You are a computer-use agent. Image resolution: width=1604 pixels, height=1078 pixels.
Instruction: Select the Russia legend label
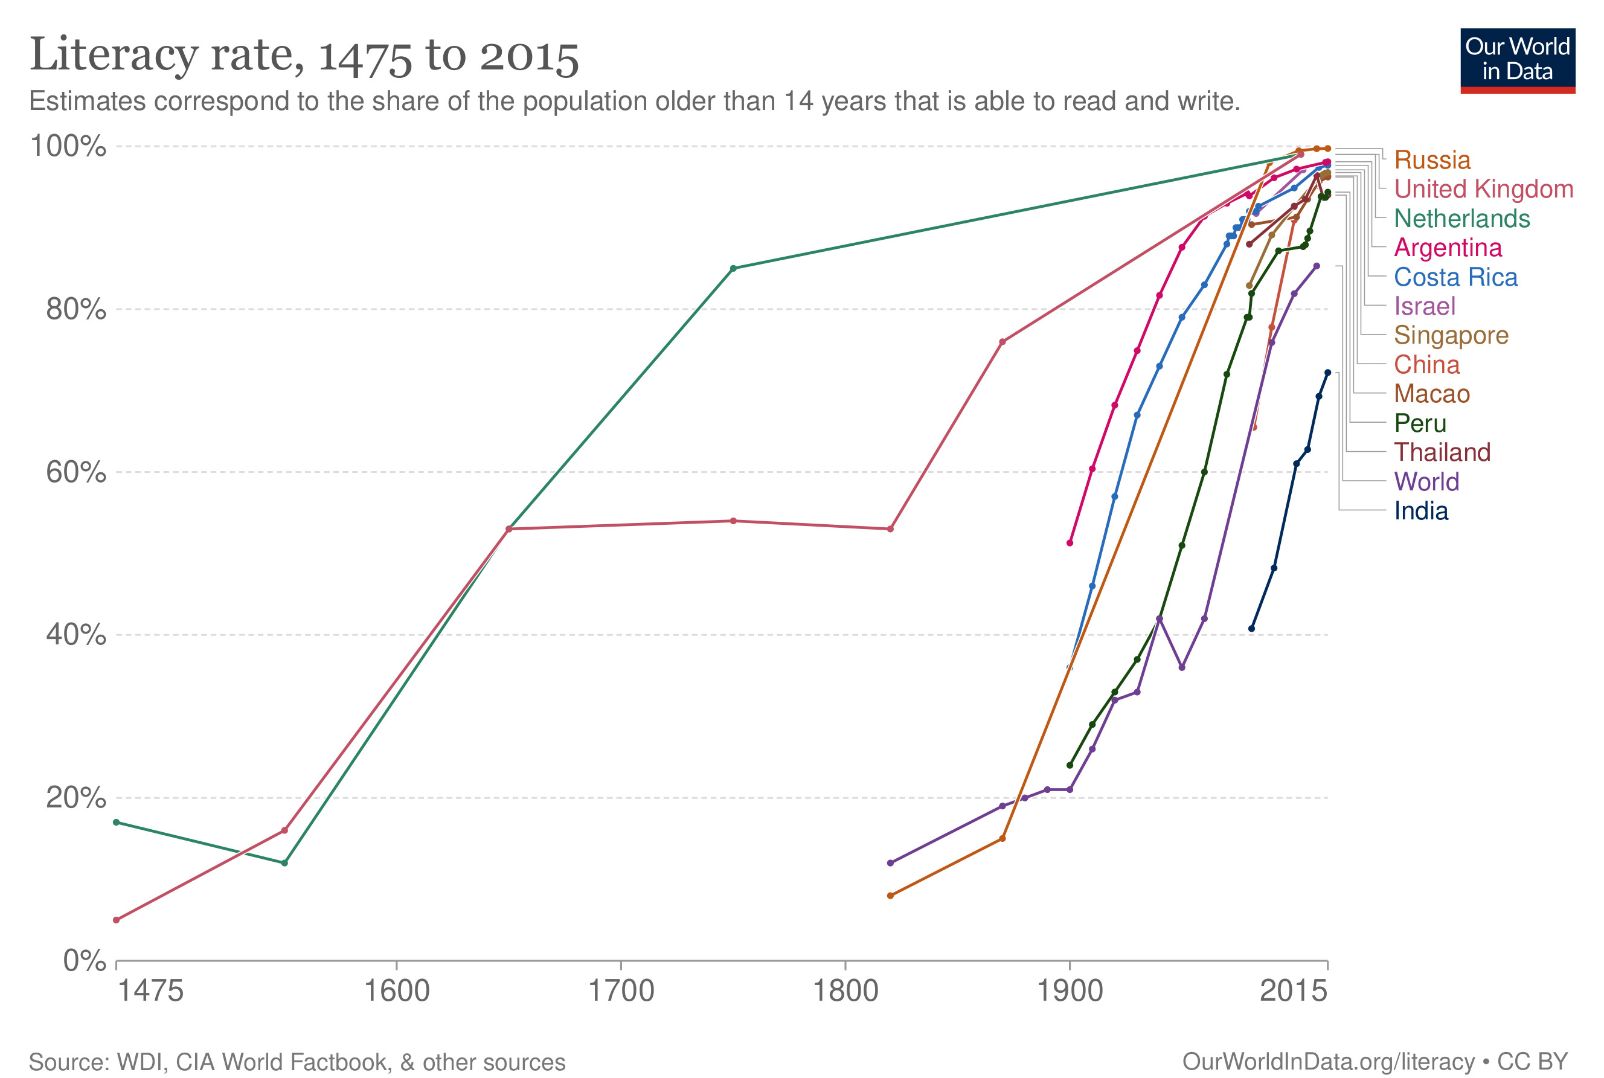(x=1431, y=160)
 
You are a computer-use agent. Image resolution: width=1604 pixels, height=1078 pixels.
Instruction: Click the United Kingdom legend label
(x=1483, y=189)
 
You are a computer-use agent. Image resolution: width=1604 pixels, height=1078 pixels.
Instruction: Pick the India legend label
(x=1420, y=512)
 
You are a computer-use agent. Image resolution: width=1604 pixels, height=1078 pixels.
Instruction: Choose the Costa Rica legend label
(x=1455, y=277)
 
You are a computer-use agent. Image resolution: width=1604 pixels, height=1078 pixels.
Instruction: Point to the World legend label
(x=1426, y=482)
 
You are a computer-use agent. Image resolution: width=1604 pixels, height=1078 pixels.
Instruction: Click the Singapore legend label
(x=1451, y=336)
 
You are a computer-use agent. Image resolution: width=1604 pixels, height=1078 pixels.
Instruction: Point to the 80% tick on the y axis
(x=75, y=309)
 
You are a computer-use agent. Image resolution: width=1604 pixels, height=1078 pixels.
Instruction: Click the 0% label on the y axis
(x=84, y=960)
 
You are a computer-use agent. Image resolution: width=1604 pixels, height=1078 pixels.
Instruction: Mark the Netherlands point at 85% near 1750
(x=733, y=269)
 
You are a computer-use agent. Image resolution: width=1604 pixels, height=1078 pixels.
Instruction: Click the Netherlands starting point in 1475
(x=116, y=823)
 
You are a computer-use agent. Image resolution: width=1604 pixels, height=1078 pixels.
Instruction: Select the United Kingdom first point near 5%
(x=116, y=920)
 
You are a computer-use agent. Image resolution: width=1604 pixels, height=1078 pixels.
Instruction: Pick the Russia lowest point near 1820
(x=890, y=896)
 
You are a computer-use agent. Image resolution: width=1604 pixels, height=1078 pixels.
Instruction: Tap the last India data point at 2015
(x=1327, y=373)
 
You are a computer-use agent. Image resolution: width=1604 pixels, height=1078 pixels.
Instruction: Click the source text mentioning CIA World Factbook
(x=297, y=1062)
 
